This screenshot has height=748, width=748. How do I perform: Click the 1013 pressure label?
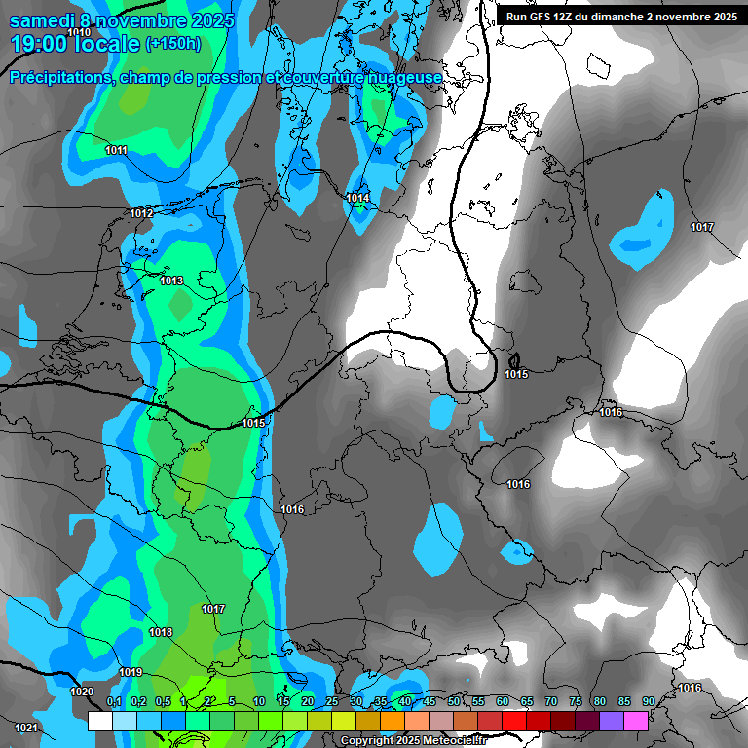[x=171, y=281]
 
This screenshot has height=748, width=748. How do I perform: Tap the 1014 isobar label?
[x=357, y=199]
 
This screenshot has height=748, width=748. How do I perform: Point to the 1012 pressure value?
[x=141, y=213]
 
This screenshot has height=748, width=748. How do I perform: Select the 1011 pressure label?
[x=116, y=150]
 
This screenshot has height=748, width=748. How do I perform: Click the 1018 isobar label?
[x=161, y=633]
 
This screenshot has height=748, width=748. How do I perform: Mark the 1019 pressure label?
[x=131, y=673]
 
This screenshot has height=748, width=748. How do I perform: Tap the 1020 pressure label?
[x=82, y=692]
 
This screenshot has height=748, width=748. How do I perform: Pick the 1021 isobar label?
[x=26, y=729]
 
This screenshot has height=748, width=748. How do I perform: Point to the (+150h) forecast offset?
[x=172, y=44]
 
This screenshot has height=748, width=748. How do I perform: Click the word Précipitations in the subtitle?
[x=61, y=77]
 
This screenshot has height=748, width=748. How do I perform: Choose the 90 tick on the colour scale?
[x=648, y=701]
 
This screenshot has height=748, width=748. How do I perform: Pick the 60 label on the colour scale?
[x=503, y=701]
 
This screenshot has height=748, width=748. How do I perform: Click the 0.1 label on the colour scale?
[x=113, y=701]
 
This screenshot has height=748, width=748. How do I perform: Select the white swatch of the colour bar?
[x=99, y=721]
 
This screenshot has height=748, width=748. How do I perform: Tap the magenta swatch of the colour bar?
[x=636, y=721]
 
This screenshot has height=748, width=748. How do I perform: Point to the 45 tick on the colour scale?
[x=430, y=701]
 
